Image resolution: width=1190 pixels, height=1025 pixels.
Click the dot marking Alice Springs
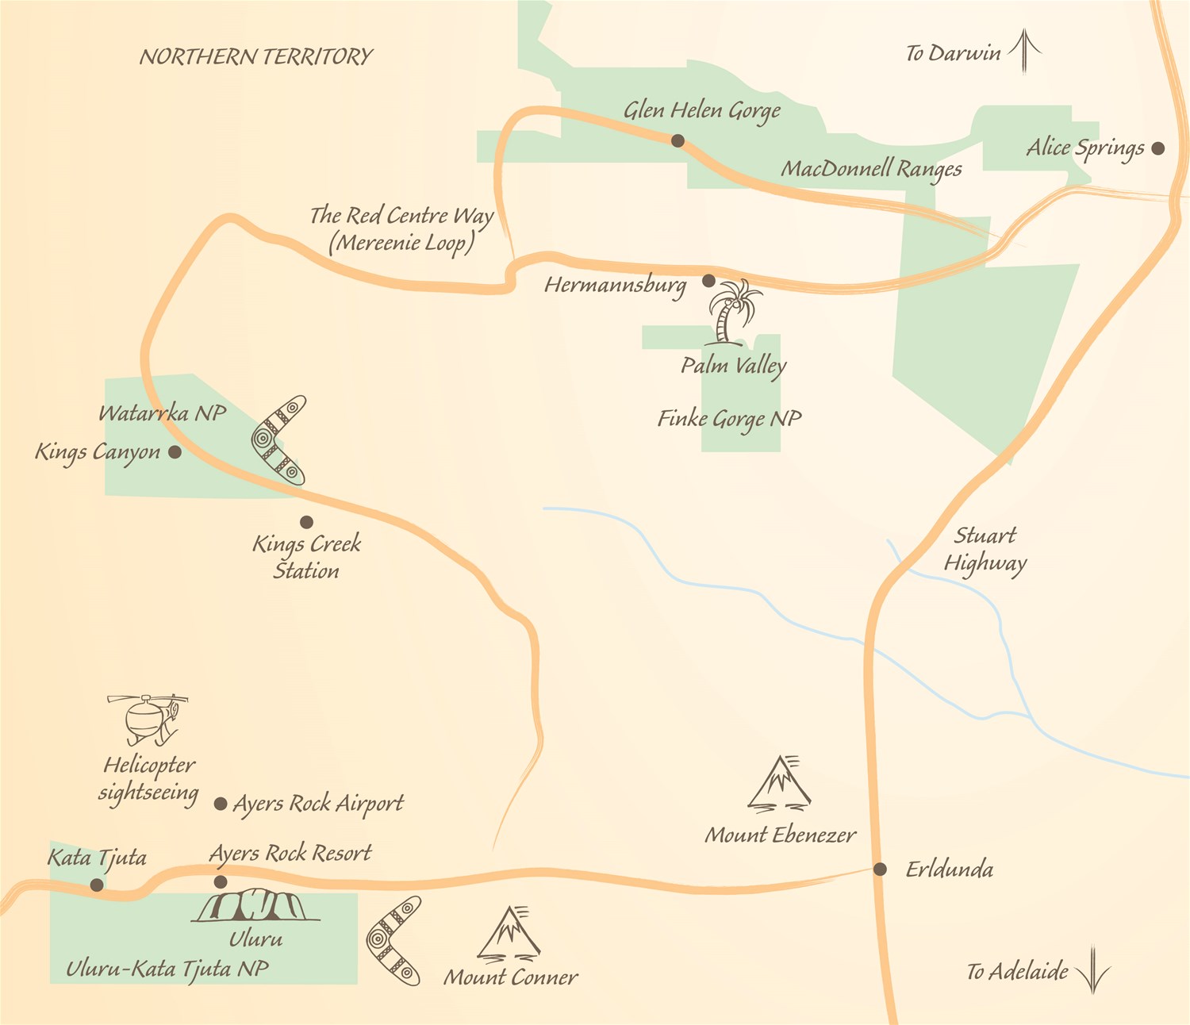pyautogui.click(x=1158, y=148)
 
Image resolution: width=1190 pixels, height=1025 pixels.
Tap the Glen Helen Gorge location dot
pyautogui.click(x=678, y=140)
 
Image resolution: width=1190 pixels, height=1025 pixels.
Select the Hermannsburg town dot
pyautogui.click(x=708, y=281)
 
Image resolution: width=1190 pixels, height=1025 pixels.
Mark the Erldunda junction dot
pyautogui.click(x=880, y=870)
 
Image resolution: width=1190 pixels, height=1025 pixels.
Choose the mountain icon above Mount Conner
pyautogui.click(x=510, y=934)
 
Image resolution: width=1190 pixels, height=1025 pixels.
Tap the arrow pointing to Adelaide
pyautogui.click(x=1093, y=969)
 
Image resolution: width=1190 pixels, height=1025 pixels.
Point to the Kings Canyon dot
pyautogui.click(x=175, y=452)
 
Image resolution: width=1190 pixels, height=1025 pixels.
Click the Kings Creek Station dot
pyautogui.click(x=306, y=522)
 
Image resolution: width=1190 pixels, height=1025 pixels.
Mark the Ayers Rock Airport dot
pyautogui.click(x=221, y=804)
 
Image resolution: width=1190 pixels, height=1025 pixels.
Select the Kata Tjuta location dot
pyautogui.click(x=97, y=885)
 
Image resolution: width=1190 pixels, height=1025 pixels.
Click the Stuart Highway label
pyautogui.click(x=985, y=549)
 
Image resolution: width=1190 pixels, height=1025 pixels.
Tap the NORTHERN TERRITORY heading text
pyautogui.click(x=255, y=56)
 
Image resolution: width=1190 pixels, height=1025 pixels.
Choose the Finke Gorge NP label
pyautogui.click(x=729, y=418)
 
